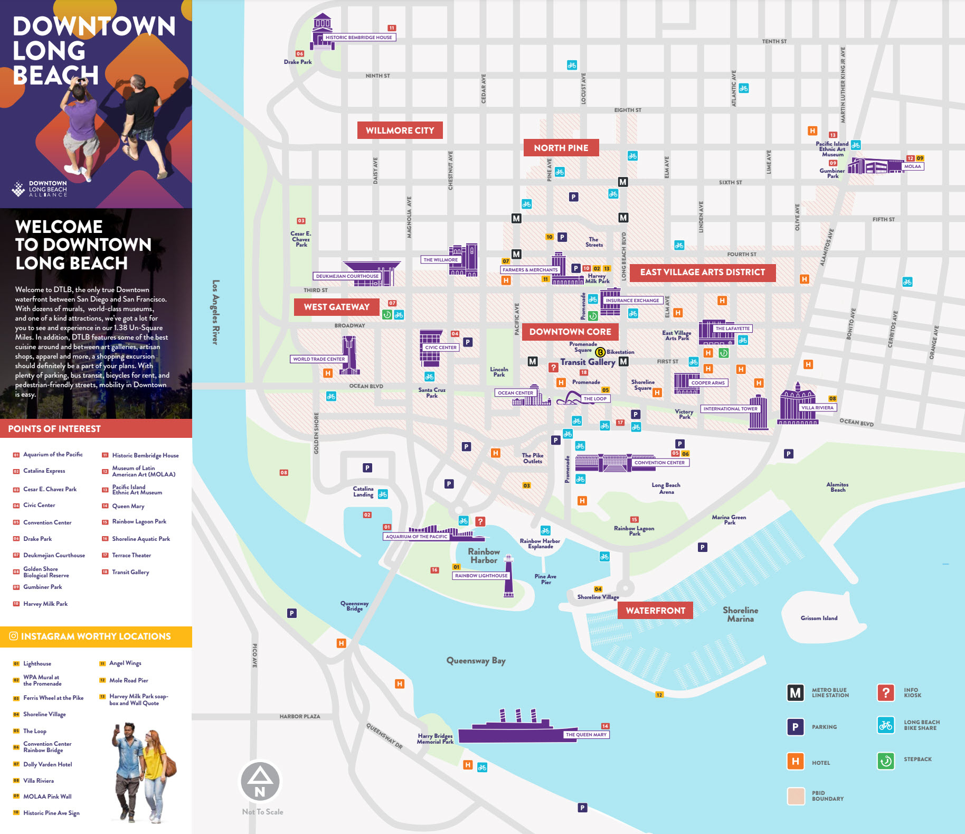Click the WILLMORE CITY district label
point(400,130)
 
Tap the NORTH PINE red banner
point(561,148)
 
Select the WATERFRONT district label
point(655,611)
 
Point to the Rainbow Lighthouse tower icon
point(508,576)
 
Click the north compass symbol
point(260,782)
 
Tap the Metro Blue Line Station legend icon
point(795,692)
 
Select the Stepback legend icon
point(885,761)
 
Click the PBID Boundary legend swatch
point(795,796)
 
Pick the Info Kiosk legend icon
point(885,692)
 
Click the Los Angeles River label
point(215,312)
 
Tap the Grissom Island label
point(819,618)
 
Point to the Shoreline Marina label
point(740,614)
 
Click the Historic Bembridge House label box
point(358,38)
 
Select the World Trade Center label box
point(319,359)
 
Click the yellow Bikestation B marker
point(600,352)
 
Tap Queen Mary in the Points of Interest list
point(128,506)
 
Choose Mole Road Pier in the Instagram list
point(128,680)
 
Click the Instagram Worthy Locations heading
point(96,636)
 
